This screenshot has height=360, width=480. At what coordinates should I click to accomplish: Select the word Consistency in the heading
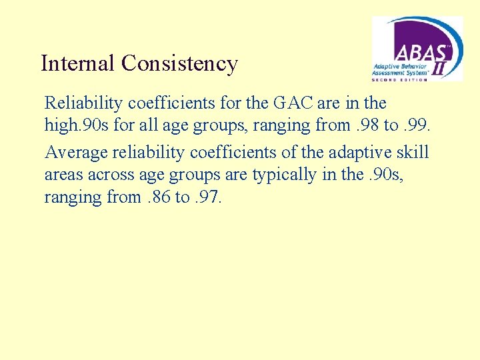tap(179, 63)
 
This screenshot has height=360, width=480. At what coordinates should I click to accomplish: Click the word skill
tap(413, 153)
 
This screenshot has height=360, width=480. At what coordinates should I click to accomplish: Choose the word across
tap(118, 175)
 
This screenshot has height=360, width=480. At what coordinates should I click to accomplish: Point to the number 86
tap(153, 197)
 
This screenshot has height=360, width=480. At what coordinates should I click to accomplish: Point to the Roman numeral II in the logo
tap(441, 67)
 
